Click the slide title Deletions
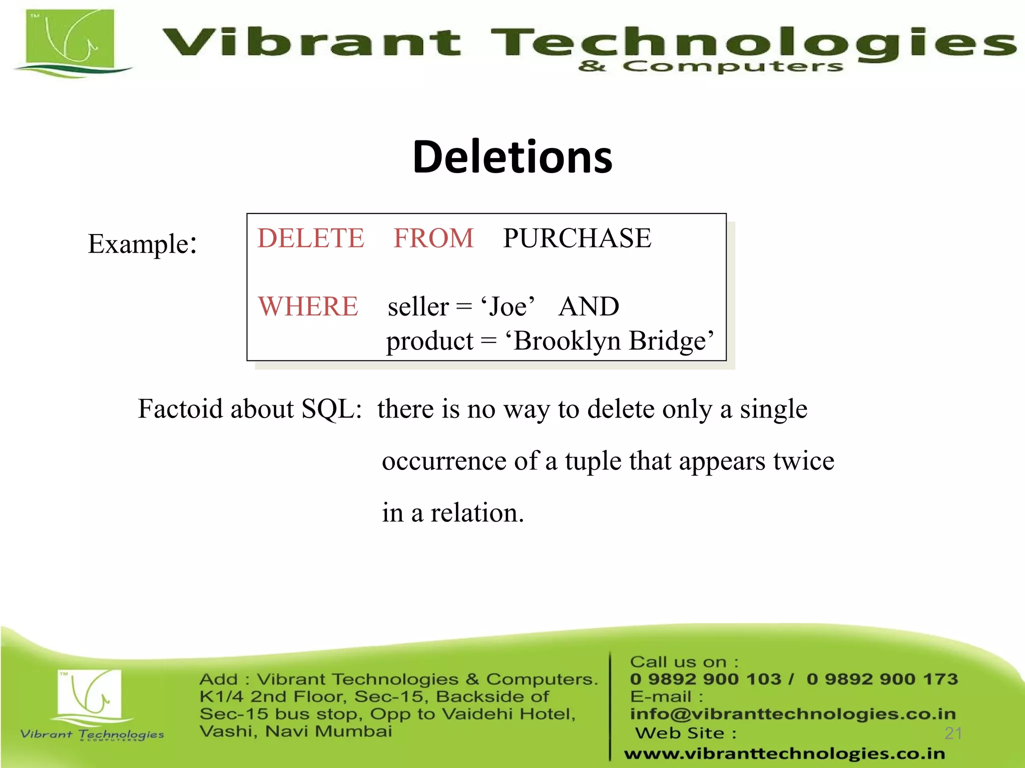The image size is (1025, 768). click(512, 157)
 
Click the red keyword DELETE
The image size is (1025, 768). click(311, 238)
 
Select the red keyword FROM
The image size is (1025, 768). click(433, 238)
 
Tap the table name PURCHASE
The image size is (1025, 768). click(577, 238)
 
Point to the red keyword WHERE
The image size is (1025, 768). click(308, 306)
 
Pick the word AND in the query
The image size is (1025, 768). click(589, 306)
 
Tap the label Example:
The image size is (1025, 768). click(142, 244)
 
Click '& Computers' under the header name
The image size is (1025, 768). click(711, 66)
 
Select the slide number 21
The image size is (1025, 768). click(953, 733)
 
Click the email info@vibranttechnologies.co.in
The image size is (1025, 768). click(793, 714)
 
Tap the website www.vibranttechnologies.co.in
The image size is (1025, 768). click(784, 753)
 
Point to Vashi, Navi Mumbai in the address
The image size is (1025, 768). click(295, 731)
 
